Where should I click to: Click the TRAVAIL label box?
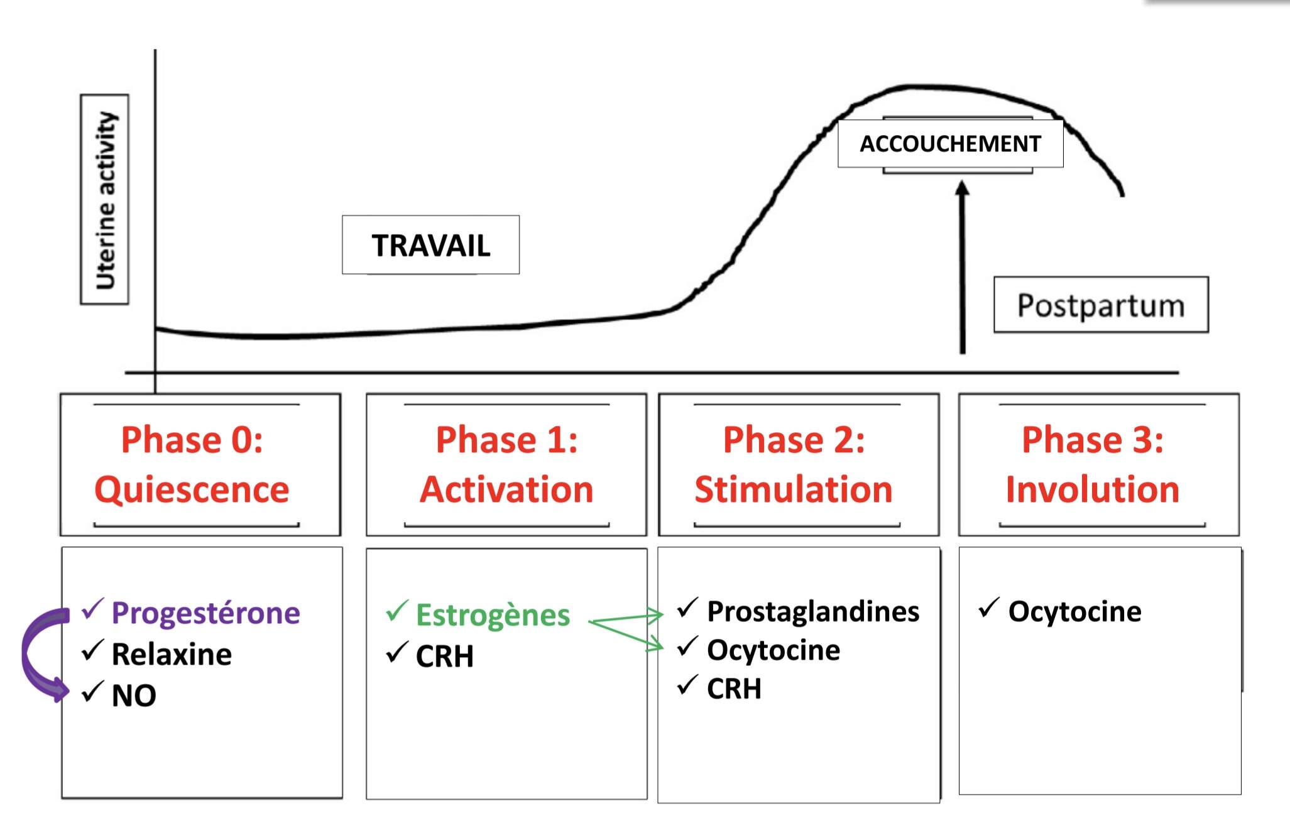tap(430, 245)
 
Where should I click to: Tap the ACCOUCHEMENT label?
tap(950, 144)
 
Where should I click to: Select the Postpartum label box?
tap(1100, 305)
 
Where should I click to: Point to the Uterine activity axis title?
tap(105, 200)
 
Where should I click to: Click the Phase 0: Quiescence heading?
tap(192, 464)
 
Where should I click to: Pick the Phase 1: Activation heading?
tap(506, 464)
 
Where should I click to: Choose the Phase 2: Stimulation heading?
tap(794, 464)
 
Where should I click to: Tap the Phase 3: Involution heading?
tap(1093, 464)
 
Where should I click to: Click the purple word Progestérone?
tap(205, 613)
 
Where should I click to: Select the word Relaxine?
tap(172, 655)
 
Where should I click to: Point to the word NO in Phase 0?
tap(134, 695)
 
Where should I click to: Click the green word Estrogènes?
tap(493, 615)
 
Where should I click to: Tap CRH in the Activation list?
tap(445, 656)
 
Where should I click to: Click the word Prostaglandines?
tap(813, 611)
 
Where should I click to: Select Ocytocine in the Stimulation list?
tap(773, 650)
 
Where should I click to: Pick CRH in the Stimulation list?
tap(734, 689)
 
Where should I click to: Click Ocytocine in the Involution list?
tap(1074, 611)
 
